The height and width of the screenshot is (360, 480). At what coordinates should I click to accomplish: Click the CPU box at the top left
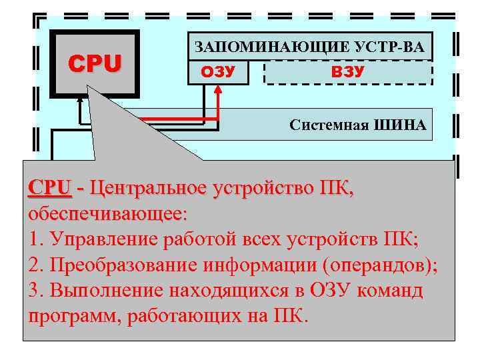96,63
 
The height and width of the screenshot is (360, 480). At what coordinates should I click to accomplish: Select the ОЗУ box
218,71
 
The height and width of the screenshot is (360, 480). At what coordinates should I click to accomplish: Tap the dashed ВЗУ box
348,71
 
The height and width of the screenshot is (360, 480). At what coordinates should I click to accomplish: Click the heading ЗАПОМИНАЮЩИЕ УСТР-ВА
309,47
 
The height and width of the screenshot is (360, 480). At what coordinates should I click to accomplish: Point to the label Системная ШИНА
357,125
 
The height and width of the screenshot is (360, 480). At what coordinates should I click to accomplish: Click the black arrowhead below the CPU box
81,99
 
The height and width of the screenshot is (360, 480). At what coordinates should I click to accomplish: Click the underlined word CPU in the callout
49,188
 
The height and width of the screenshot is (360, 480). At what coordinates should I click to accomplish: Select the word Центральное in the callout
147,188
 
